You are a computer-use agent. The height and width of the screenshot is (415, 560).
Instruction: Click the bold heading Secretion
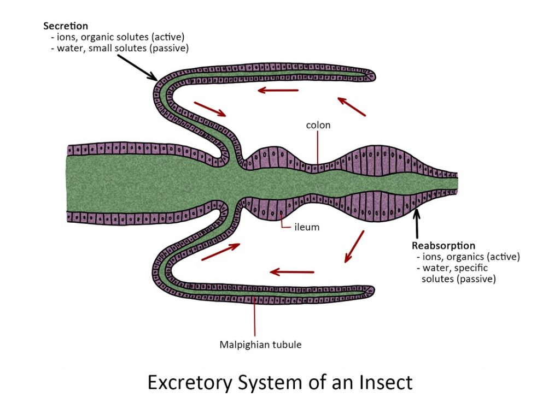[x=66, y=26]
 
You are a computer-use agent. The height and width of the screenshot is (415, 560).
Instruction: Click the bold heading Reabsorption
[x=444, y=245]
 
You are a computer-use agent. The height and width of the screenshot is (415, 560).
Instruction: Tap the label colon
[x=318, y=125]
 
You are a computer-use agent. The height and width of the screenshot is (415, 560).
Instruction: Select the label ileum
[x=307, y=227]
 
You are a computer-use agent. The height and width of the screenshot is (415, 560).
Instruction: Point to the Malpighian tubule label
[x=260, y=345]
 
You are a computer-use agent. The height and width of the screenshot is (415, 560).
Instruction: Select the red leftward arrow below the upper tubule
[x=279, y=90]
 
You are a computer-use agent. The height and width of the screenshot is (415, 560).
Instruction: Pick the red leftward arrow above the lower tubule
[x=293, y=271]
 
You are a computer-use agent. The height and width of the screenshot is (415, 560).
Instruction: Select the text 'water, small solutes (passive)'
[x=121, y=48]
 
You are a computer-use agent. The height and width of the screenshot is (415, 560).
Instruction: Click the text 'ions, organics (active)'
[x=468, y=257]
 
